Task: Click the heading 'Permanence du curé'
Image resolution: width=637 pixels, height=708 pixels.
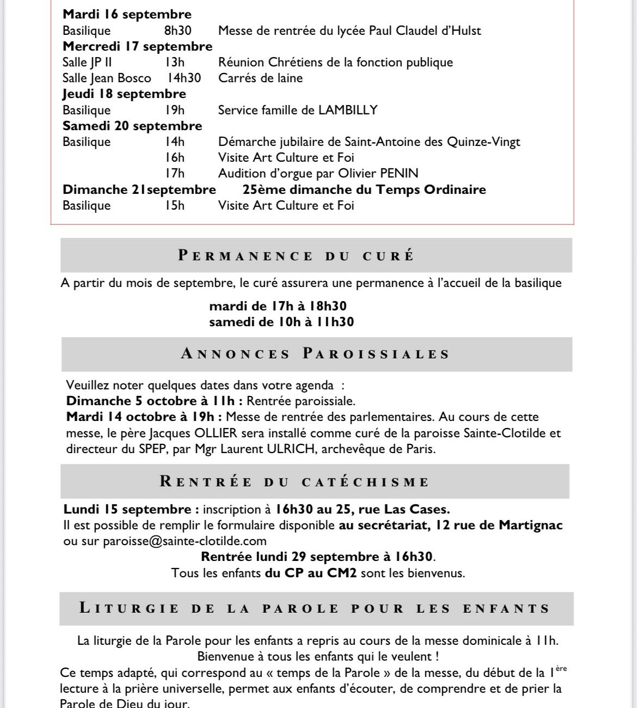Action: pyautogui.click(x=296, y=256)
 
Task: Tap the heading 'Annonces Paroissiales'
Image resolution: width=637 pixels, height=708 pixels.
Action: pyautogui.click(x=316, y=354)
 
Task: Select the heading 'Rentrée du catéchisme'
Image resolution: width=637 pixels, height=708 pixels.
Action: pyautogui.click(x=295, y=482)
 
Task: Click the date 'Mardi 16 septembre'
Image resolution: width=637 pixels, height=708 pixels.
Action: pyautogui.click(x=127, y=15)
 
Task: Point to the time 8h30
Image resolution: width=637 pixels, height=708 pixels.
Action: pyautogui.click(x=178, y=30)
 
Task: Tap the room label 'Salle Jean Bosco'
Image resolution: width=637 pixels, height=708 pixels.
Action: pyautogui.click(x=107, y=78)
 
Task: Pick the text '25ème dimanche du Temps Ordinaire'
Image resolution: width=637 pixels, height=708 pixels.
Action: pyautogui.click(x=364, y=190)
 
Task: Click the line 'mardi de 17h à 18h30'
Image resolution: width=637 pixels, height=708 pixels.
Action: pyautogui.click(x=278, y=306)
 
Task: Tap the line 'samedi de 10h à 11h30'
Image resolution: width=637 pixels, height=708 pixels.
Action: pyautogui.click(x=281, y=322)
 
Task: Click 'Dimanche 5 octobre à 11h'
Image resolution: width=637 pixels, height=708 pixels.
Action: pyautogui.click(x=154, y=401)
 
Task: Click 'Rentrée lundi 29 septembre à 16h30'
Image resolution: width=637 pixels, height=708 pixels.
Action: pyautogui.click(x=317, y=557)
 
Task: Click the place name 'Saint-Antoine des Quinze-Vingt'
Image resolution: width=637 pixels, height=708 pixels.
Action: pyautogui.click(x=432, y=142)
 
